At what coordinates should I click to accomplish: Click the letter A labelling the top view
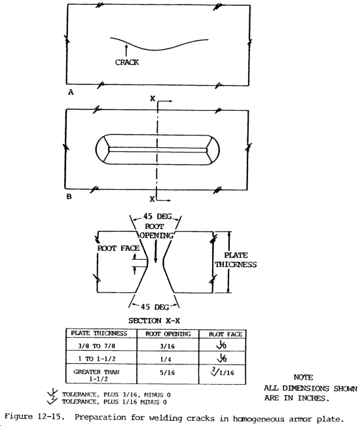point(70,93)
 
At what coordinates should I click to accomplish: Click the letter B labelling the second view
point(70,194)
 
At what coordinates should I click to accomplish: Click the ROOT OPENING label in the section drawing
point(155,231)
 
